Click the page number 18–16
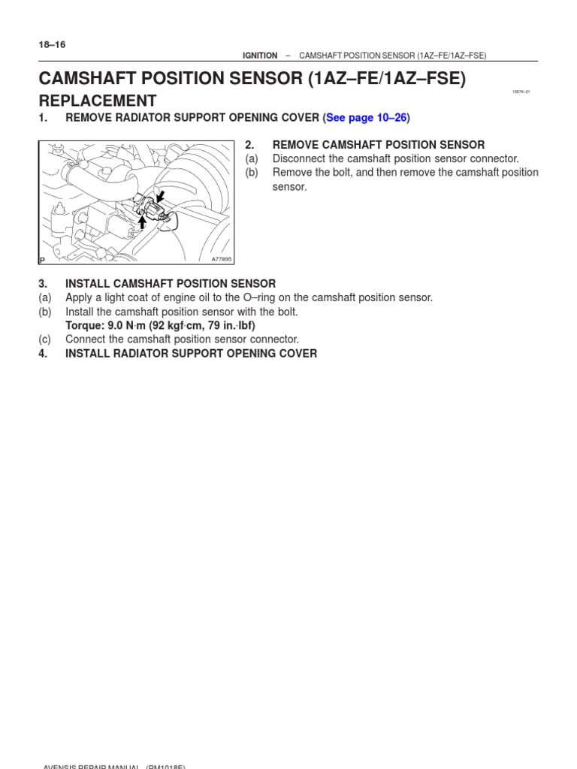click(52, 44)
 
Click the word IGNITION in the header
click(259, 56)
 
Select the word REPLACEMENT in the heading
click(98, 101)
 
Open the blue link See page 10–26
click(366, 118)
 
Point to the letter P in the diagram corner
click(42, 259)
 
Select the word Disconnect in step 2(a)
click(298, 158)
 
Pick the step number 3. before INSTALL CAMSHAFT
click(43, 284)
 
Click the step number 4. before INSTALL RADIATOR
click(43, 353)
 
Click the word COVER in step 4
click(297, 353)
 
